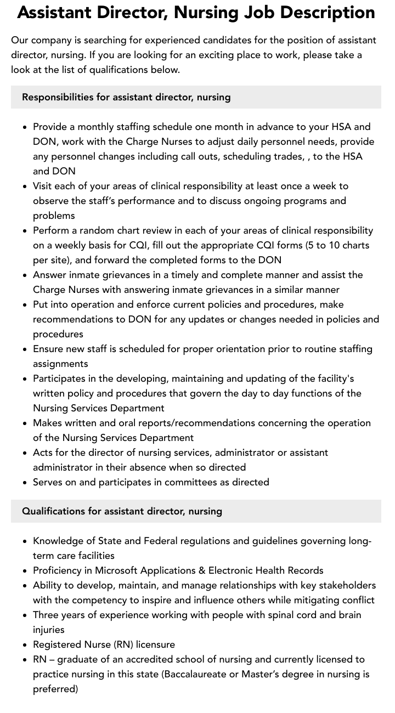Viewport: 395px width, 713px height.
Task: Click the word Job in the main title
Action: click(x=259, y=13)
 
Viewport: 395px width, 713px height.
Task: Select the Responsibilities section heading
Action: click(x=126, y=97)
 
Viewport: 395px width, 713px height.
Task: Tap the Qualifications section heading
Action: click(x=122, y=511)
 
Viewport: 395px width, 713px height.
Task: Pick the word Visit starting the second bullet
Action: click(x=44, y=186)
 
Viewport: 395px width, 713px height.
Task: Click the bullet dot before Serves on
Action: click(x=25, y=483)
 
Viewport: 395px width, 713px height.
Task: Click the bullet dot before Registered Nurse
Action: click(x=25, y=645)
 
